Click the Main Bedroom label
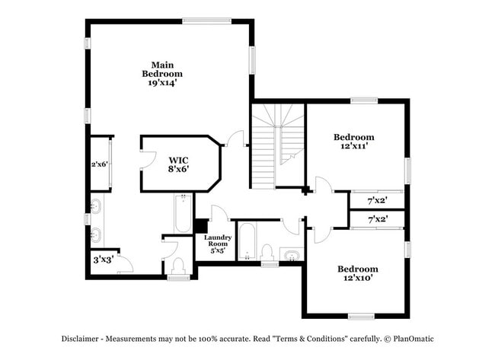click(x=162, y=69)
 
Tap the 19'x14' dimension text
click(x=162, y=83)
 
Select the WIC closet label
click(x=178, y=160)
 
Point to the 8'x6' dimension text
click(x=178, y=169)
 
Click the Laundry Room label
click(x=218, y=241)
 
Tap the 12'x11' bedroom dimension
click(x=354, y=146)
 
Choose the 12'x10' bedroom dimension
click(x=358, y=278)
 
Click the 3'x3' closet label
click(x=104, y=260)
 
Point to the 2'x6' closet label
click(x=100, y=164)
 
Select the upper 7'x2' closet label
click(x=378, y=200)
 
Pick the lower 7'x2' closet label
click(x=378, y=219)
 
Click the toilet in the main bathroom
click(x=178, y=266)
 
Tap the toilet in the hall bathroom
click(x=267, y=252)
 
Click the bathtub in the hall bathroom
click(x=247, y=241)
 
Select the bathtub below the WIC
click(x=183, y=213)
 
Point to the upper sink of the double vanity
click(x=96, y=207)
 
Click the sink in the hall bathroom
click(x=292, y=255)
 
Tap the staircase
click(x=278, y=146)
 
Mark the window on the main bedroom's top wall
click(x=207, y=21)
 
